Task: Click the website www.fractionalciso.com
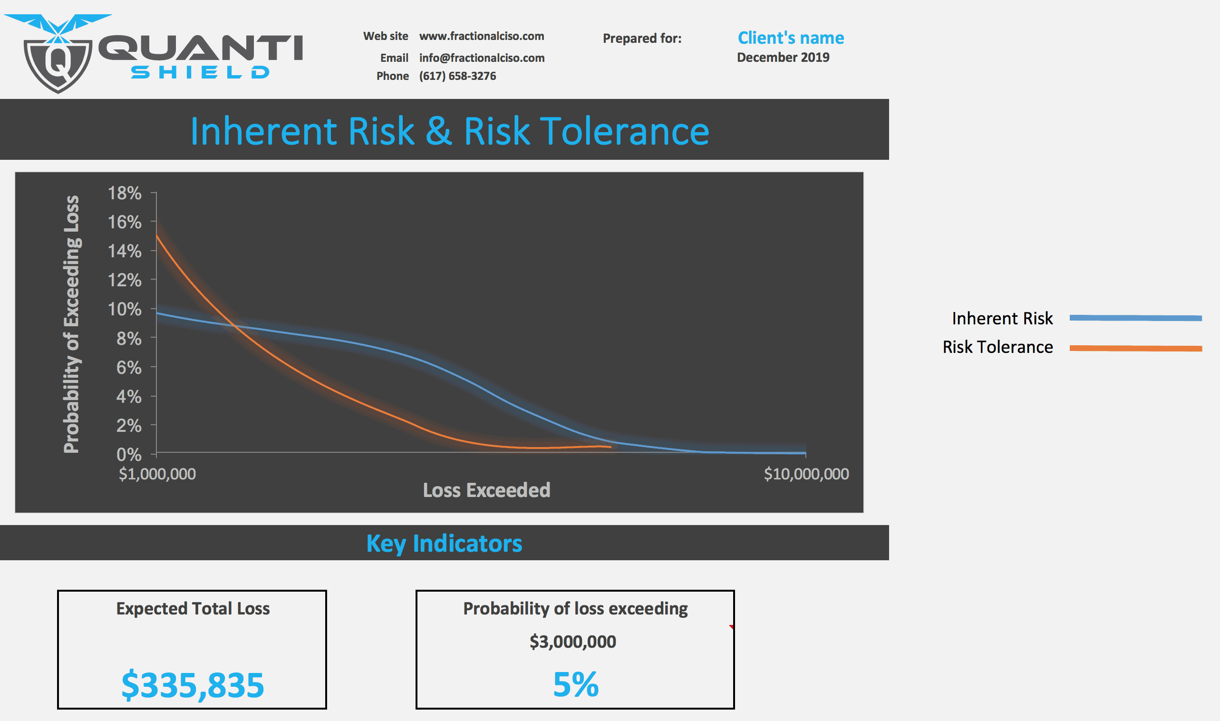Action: pos(481,37)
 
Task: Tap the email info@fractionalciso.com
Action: pos(482,58)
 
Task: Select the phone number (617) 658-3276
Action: pos(457,76)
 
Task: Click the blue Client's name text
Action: pos(790,38)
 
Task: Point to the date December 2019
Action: pos(783,58)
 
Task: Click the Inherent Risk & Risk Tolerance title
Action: pos(449,131)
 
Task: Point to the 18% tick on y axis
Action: pos(125,194)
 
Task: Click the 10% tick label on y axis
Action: pos(125,309)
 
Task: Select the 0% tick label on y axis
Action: pos(129,455)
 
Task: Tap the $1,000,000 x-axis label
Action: pos(157,474)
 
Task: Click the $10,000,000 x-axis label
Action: pos(806,474)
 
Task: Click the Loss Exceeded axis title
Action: pos(486,490)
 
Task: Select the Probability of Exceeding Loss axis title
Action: pos(71,324)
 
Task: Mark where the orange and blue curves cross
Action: pos(235,326)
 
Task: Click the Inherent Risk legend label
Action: pos(1002,318)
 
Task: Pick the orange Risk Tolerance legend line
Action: pos(1135,348)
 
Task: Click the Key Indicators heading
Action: pos(444,543)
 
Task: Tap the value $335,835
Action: pos(193,685)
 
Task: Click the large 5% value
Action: pos(575,684)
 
